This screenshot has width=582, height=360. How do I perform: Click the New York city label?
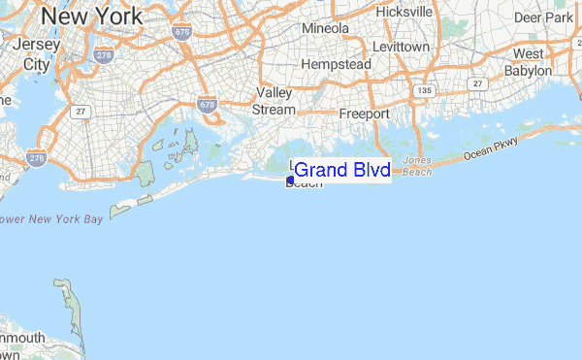tap(92, 16)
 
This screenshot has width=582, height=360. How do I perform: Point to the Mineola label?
tap(325, 29)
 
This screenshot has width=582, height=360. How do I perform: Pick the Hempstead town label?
tap(336, 64)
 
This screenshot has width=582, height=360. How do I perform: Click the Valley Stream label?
tap(274, 101)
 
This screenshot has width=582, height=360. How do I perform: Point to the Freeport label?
tap(364, 114)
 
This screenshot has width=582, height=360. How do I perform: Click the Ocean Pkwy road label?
tap(491, 148)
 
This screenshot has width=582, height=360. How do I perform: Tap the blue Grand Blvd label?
tap(341, 172)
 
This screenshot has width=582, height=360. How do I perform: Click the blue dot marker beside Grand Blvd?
tap(291, 180)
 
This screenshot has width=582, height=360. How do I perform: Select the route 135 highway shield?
tap(424, 90)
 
